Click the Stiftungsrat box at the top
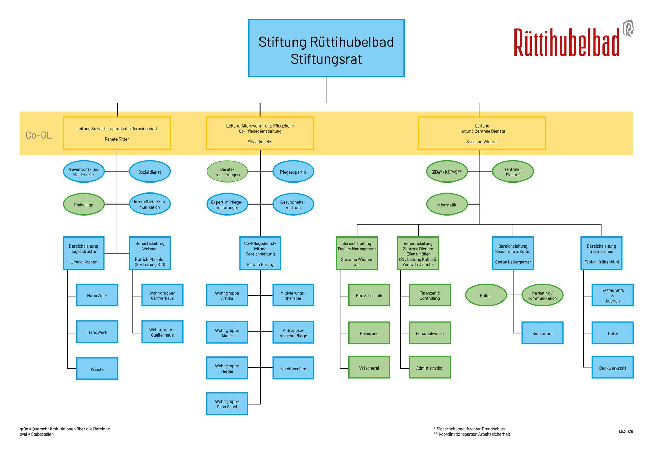(x=326, y=48)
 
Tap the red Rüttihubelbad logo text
(x=566, y=42)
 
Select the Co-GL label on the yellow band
(x=39, y=135)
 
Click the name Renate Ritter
(x=117, y=139)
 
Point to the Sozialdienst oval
(x=150, y=172)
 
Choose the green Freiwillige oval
(x=84, y=205)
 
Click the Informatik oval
(x=447, y=205)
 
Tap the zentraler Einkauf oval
(x=513, y=172)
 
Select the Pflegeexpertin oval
(x=293, y=172)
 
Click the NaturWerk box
(x=97, y=295)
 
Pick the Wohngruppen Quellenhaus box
(x=162, y=332)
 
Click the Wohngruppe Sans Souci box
(x=227, y=404)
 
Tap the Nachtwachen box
(x=293, y=368)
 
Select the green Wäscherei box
(x=369, y=367)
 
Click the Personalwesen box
(x=430, y=333)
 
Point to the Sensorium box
(x=542, y=333)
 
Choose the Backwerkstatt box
(x=612, y=367)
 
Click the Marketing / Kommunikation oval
(x=542, y=295)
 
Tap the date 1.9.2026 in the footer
(x=626, y=431)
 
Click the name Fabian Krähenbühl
(x=601, y=262)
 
